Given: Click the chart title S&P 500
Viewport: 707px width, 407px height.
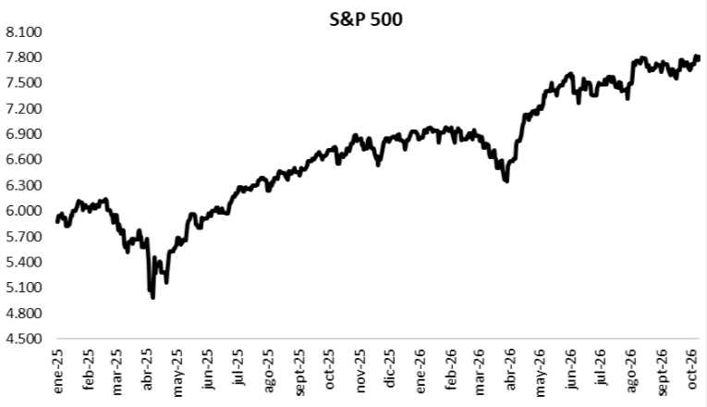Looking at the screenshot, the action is pos(366,19).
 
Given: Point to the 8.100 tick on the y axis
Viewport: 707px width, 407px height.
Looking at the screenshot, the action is pos(23,32).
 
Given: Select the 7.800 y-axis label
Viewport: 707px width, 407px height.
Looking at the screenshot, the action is pos(23,57).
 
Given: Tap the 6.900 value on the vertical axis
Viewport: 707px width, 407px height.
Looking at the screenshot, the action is pos(23,134).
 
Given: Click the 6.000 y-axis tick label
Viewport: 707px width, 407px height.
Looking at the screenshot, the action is pos(23,211).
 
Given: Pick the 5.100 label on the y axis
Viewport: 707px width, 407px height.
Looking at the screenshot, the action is pos(23,287).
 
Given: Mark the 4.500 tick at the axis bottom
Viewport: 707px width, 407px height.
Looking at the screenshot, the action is pos(23,339).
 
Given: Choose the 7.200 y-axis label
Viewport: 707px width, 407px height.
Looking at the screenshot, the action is pos(23,108).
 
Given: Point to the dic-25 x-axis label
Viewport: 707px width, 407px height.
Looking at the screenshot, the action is pos(390,368).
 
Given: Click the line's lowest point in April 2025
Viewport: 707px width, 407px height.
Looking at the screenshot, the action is pos(152,297).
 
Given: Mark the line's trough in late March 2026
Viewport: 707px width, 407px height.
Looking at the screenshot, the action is pos(506,181).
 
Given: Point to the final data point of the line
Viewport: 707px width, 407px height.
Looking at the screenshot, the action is pos(698,56).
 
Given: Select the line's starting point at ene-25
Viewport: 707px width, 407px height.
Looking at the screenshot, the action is pos(57,221).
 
